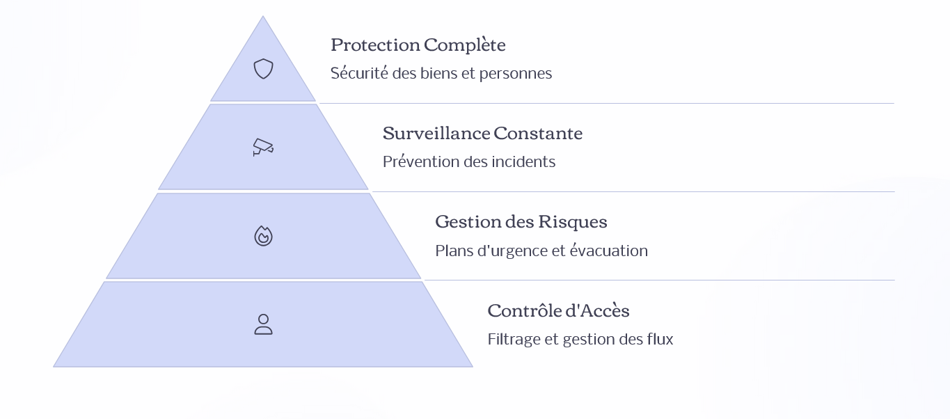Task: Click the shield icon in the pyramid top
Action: tap(263, 69)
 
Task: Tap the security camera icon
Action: tap(263, 147)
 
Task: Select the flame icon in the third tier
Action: tap(263, 236)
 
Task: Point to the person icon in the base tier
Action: tap(263, 324)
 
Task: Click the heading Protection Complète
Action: tap(418, 45)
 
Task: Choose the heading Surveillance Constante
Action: tap(482, 133)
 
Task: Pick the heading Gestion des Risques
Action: tap(521, 222)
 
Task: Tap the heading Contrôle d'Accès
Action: tap(559, 310)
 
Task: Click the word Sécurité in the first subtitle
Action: tap(360, 73)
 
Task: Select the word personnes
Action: tap(516, 74)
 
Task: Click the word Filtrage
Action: tap(514, 340)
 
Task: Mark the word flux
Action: tap(660, 339)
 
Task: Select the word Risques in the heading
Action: tap(573, 222)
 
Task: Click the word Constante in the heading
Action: tap(538, 133)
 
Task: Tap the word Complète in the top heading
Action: tap(465, 45)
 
